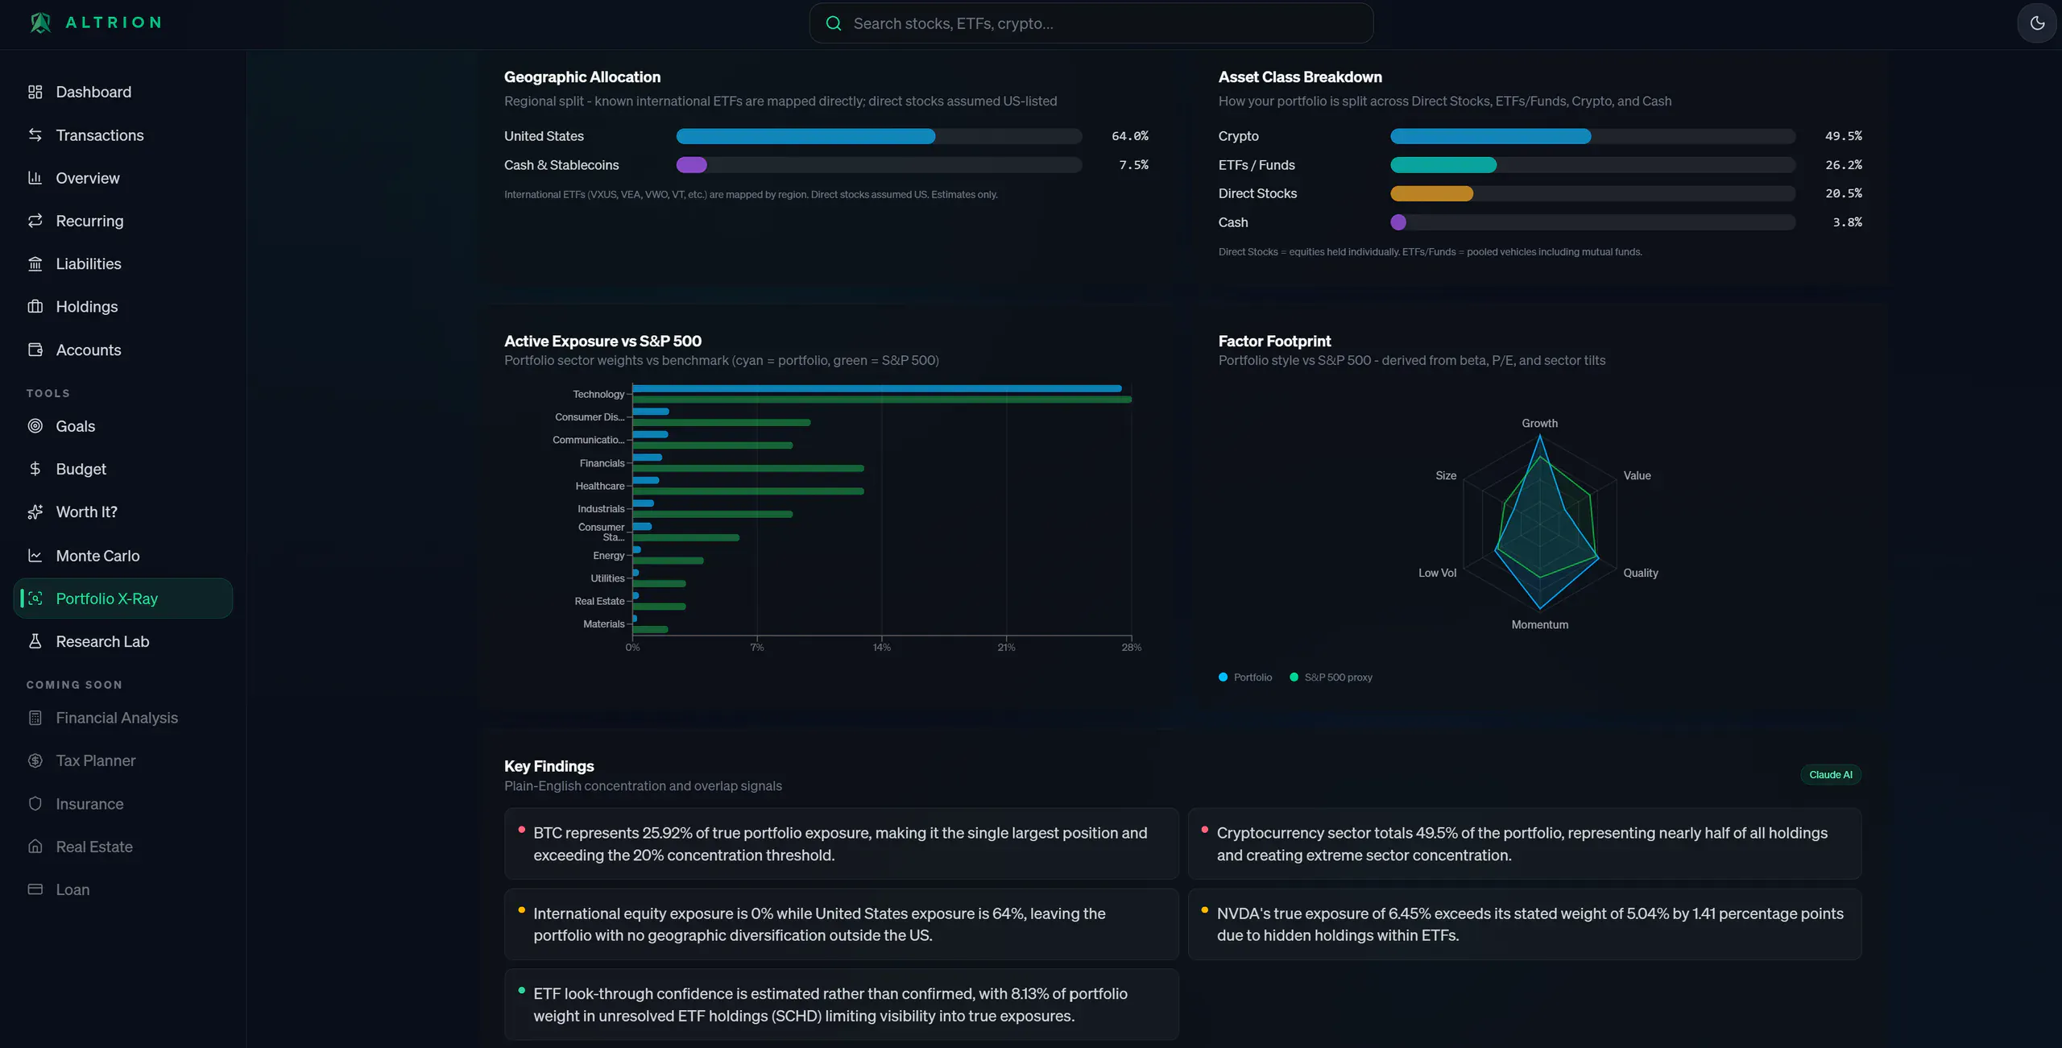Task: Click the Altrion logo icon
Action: tap(40, 23)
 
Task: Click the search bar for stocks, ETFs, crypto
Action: tap(1091, 23)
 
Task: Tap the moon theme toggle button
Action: tap(2037, 23)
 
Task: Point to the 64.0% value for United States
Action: tap(1130, 136)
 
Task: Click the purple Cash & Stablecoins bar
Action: tap(691, 165)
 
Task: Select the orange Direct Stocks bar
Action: tap(1431, 193)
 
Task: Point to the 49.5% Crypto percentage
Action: tap(1843, 136)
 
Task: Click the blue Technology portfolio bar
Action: tap(877, 388)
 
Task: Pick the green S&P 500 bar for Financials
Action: tap(748, 468)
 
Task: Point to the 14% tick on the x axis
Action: tap(882, 648)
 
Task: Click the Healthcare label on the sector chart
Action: tap(600, 486)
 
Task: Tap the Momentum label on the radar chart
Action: tap(1539, 625)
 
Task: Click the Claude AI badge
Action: tap(1830, 775)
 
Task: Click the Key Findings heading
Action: tap(549, 766)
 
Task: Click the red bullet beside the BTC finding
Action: tap(522, 830)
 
